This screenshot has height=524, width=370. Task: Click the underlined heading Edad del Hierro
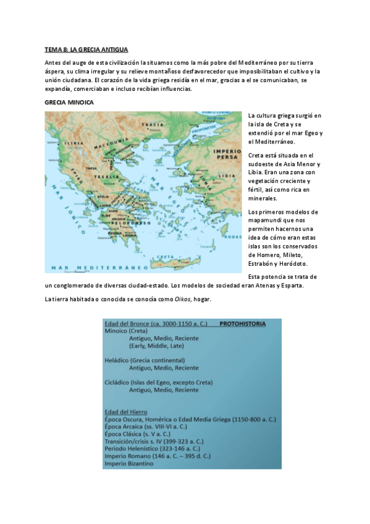pos(130,411)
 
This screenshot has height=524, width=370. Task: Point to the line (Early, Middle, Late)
pos(162,346)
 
